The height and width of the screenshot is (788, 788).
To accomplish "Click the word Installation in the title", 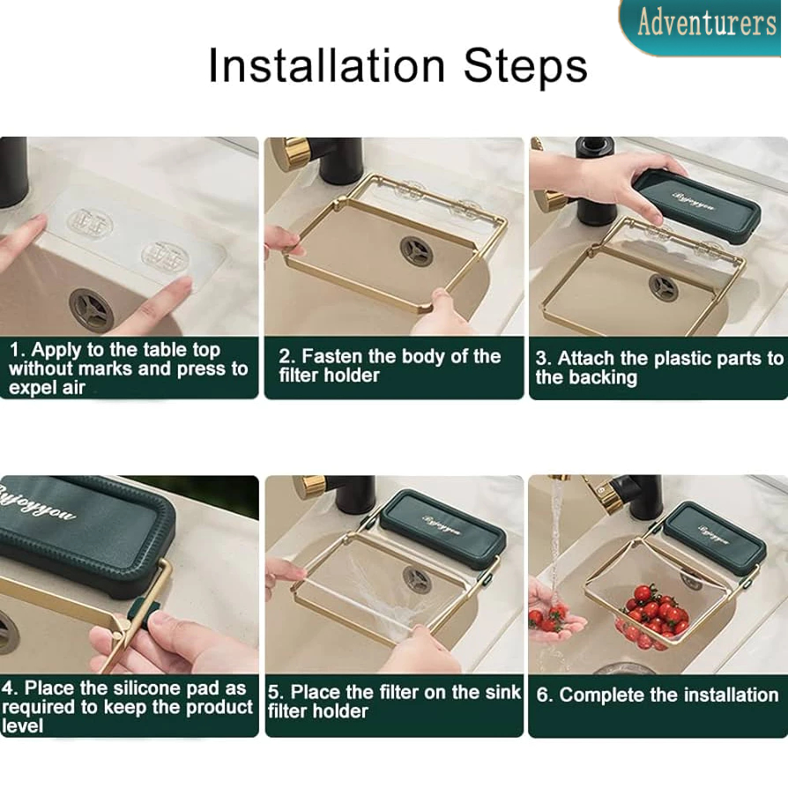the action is tap(327, 65).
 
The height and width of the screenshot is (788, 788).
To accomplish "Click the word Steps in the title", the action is tap(525, 65).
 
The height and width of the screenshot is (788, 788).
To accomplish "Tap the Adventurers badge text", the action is tap(707, 23).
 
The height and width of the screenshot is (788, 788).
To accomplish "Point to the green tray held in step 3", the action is tap(696, 206).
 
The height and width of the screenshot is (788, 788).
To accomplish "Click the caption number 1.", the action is tap(16, 350).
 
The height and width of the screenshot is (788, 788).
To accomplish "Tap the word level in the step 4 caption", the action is tap(23, 725).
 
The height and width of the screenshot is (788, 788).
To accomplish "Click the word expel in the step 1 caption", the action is tap(33, 389).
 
